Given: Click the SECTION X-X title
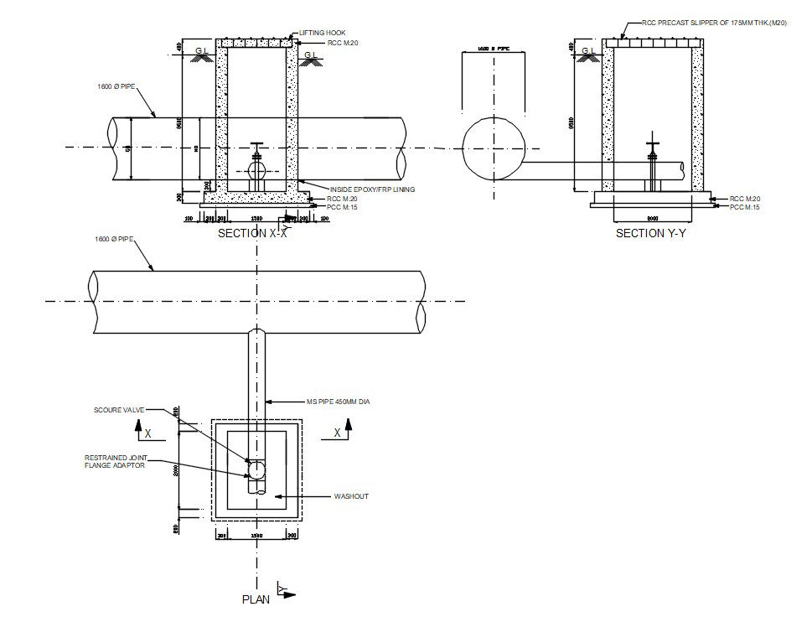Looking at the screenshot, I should (x=252, y=234).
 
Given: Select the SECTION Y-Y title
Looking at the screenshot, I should (x=650, y=234).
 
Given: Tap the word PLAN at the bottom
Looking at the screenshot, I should (x=256, y=599).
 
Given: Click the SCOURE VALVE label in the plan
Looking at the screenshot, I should (x=119, y=410).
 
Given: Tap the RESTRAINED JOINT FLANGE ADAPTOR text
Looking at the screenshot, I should (x=115, y=462).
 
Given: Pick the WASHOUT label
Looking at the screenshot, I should (x=351, y=497).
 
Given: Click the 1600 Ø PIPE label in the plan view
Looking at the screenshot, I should (x=115, y=240).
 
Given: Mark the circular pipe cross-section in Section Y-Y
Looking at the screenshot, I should (x=493, y=148).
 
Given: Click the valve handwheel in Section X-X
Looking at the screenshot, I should (x=257, y=146).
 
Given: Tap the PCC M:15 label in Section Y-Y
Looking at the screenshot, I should (x=745, y=207).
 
